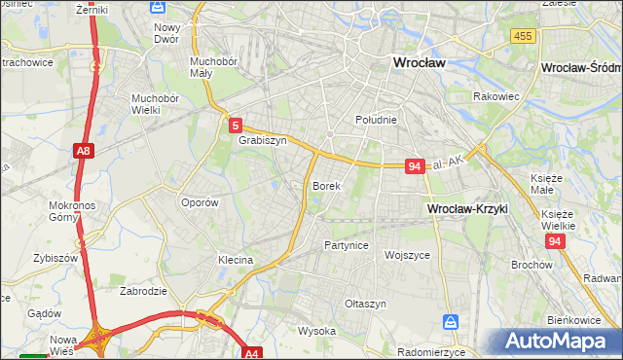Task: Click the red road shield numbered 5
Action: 236,125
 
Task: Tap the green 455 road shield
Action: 523,36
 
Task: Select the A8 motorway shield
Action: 83,151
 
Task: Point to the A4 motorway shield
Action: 252,354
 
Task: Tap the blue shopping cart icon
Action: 451,321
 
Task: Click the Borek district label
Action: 326,185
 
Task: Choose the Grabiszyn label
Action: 262,140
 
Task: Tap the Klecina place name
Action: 236,261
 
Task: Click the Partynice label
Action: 347,245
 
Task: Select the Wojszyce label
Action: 408,255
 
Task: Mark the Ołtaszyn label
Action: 366,304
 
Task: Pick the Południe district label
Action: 375,120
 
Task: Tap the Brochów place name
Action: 531,265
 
